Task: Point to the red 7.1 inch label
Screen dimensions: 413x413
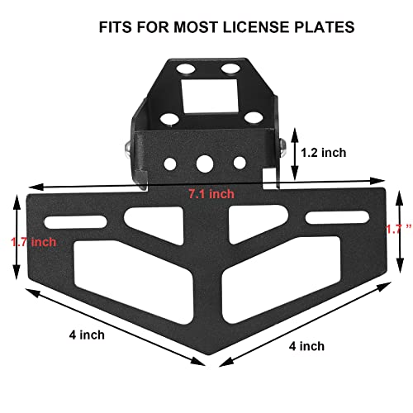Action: pos(211,193)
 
